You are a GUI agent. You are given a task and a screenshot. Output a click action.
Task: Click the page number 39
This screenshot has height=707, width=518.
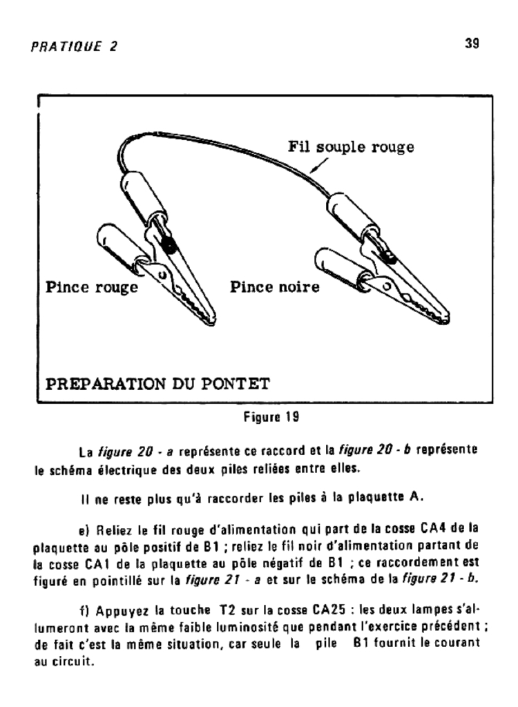click(472, 43)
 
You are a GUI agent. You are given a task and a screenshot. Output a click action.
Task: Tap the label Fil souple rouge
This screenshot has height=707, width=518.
click(351, 148)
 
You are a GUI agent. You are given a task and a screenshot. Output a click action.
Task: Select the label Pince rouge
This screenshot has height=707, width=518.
click(92, 287)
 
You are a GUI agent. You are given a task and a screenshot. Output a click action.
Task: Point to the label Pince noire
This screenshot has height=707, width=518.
click(275, 287)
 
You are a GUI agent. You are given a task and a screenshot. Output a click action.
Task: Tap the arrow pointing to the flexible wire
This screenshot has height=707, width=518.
click(319, 164)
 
